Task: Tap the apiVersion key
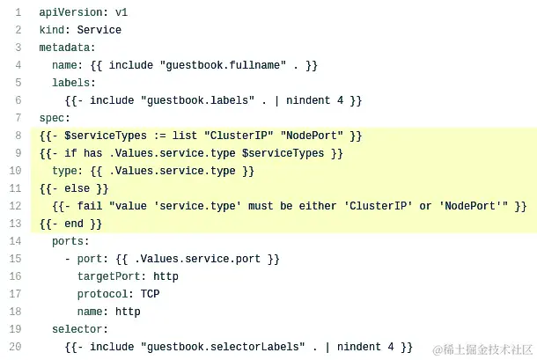(x=70, y=12)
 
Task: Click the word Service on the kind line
(x=99, y=30)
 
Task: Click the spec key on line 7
(x=52, y=118)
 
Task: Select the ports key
(x=70, y=241)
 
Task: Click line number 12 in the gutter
(x=16, y=206)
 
